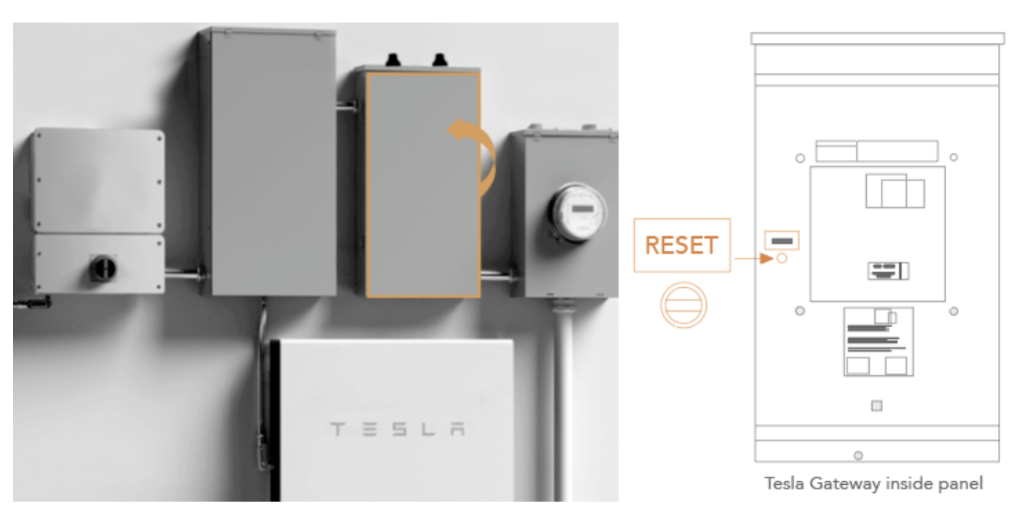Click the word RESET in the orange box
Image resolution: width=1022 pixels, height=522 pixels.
(x=681, y=246)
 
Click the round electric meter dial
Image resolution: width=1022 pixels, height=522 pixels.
(x=577, y=213)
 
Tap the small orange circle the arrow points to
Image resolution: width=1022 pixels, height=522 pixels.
(x=782, y=258)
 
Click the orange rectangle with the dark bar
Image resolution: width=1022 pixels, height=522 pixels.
(x=782, y=239)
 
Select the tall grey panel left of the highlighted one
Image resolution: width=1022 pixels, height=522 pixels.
(x=267, y=161)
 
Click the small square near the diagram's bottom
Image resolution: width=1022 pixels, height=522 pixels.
(x=876, y=405)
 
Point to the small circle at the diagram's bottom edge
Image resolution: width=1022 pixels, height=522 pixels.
(x=858, y=455)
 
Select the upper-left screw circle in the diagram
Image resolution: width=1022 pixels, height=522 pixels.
(x=799, y=157)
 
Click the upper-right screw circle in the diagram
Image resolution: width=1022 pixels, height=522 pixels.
(x=954, y=157)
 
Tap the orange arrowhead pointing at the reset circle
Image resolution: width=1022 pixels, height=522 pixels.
(x=766, y=258)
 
